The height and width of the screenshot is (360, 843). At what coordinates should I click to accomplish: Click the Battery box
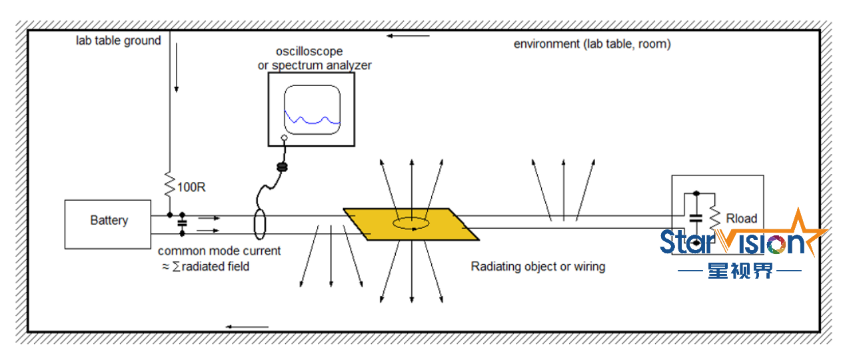108,224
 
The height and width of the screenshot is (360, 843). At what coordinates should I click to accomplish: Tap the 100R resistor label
191,187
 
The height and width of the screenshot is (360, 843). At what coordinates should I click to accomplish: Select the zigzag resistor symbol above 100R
170,181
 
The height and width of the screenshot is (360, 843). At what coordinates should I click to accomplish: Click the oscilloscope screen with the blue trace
312,108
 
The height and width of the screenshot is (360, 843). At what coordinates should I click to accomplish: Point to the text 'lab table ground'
118,41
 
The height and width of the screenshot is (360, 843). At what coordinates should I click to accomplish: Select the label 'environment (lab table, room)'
592,44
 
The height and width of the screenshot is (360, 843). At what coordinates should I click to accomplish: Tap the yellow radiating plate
411,224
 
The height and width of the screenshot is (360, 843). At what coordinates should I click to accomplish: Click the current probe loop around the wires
259,223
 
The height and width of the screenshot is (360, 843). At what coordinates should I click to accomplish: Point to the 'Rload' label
741,219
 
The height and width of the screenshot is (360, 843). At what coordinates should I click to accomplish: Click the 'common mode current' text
219,251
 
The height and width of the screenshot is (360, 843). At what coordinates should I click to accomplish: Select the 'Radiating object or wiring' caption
538,267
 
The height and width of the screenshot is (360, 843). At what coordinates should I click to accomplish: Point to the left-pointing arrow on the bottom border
247,327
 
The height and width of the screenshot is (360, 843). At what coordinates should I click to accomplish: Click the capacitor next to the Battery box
181,223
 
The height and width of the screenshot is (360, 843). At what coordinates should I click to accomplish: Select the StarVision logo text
733,242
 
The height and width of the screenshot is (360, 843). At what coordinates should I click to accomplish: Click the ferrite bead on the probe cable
282,164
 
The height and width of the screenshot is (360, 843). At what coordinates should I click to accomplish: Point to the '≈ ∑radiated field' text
206,267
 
